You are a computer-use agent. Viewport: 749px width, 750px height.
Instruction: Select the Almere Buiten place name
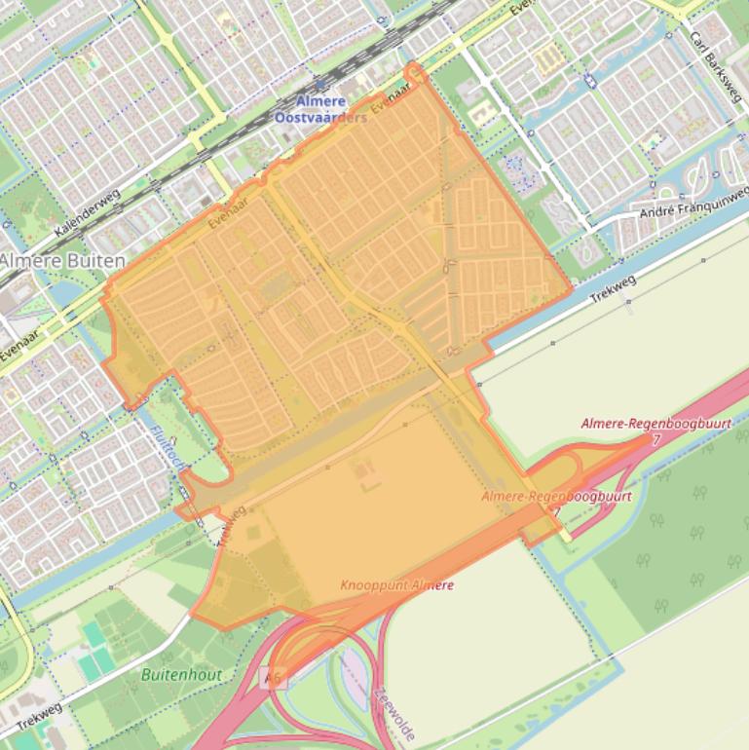(x=62, y=261)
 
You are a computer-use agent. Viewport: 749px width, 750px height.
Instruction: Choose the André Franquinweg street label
(x=693, y=208)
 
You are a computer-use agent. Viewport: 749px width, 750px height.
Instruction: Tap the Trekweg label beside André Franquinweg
(x=615, y=288)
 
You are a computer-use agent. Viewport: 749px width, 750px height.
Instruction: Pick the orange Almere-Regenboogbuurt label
(x=556, y=497)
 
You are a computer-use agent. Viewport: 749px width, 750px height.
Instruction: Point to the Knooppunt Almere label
(x=397, y=585)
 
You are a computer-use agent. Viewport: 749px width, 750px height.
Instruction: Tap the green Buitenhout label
(x=181, y=674)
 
